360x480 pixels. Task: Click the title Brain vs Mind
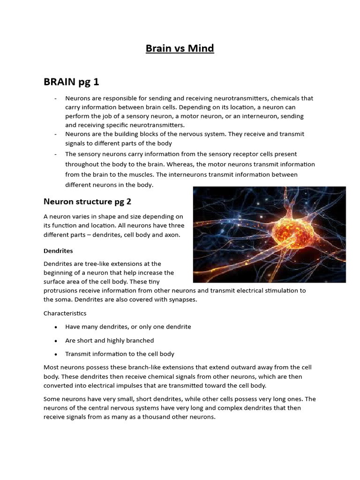point(180,49)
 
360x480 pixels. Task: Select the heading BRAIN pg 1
point(71,82)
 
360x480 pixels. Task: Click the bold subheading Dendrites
point(58,251)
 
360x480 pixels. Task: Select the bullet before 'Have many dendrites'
point(56,327)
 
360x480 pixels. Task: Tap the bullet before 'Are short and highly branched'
point(56,340)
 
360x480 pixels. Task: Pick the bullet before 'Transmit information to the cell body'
point(56,354)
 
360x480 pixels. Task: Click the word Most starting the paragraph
point(52,367)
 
